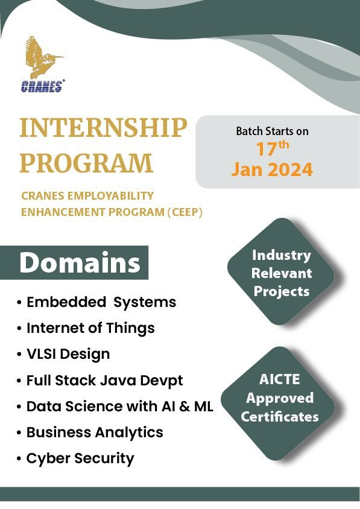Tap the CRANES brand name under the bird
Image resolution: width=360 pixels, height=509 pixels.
tap(42, 87)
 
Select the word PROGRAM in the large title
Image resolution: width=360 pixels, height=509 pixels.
tap(86, 163)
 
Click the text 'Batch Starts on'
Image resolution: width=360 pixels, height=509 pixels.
tap(272, 131)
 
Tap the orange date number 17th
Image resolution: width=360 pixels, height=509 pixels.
tap(272, 148)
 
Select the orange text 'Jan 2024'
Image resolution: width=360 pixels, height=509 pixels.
tap(272, 169)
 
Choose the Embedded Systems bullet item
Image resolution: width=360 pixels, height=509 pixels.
tap(101, 302)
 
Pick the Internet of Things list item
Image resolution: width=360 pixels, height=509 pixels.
tap(90, 328)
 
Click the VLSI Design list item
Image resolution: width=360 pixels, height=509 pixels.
tap(68, 354)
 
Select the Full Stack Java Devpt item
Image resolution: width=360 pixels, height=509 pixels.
tap(104, 381)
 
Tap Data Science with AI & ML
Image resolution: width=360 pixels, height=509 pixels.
tap(119, 406)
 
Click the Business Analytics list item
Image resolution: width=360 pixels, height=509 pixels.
tap(95, 432)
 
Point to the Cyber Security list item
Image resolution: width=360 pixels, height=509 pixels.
tap(80, 458)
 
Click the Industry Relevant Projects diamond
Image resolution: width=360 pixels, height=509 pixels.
tap(281, 273)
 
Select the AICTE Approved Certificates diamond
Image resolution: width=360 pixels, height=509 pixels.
tap(279, 399)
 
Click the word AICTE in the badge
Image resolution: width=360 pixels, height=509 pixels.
tap(279, 381)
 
